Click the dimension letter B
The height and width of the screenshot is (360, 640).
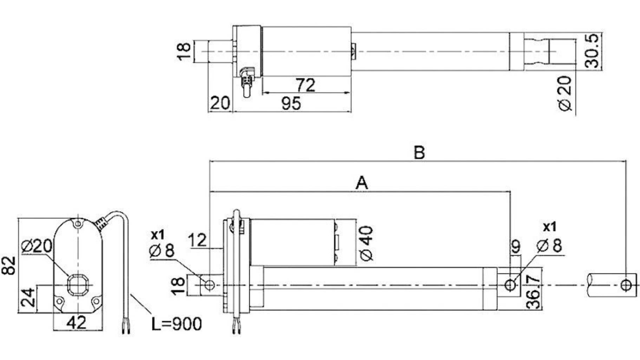[x=419, y=152]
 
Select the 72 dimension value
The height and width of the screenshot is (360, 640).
[x=305, y=85]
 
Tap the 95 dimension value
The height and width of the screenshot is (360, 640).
[x=291, y=104]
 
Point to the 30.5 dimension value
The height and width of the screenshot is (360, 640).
[x=593, y=51]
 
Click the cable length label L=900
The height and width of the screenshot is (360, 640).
[x=177, y=324]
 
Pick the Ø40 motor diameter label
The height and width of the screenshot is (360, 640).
[x=367, y=243]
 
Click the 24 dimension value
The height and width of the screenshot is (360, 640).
[x=28, y=297]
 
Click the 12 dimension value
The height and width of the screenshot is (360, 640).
[x=198, y=240]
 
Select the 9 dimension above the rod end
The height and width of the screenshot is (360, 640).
[x=516, y=246]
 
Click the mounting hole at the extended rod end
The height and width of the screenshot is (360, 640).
[x=626, y=285]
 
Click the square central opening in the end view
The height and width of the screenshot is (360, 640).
[x=78, y=285]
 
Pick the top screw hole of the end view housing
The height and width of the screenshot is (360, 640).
[x=77, y=224]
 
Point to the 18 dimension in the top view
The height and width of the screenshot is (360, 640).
[x=184, y=51]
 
